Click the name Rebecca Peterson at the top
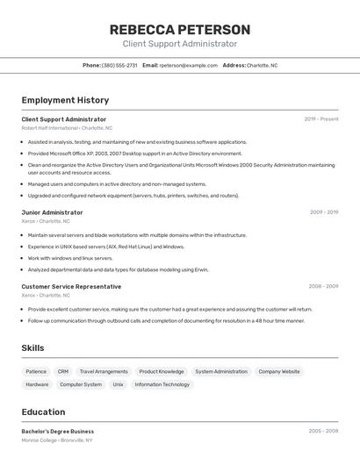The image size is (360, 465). tap(180, 30)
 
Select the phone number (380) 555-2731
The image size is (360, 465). tap(119, 65)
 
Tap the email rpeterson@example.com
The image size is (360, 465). tap(188, 65)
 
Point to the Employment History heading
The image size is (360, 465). tap(65, 100)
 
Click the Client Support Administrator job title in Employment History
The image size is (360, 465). tap(64, 119)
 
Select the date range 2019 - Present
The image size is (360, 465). tap(321, 119)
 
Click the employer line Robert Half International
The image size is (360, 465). tap(67, 128)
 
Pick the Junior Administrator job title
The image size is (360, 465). tap(52, 212)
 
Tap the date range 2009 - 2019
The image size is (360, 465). tap(324, 212)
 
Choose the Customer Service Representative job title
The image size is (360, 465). tap(71, 287)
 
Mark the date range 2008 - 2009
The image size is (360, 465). tap(323, 287)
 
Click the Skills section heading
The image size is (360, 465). tap(32, 348)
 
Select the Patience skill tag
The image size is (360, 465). tap(36, 372)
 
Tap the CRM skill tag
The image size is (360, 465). tap(63, 372)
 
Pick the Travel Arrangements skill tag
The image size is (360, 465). tap(104, 372)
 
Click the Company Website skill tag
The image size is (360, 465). tap(279, 372)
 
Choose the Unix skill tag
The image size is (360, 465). tap(118, 384)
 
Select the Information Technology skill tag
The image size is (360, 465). tap(162, 384)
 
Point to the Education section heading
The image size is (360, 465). tap(43, 412)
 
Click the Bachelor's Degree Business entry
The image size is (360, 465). tap(58, 432)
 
